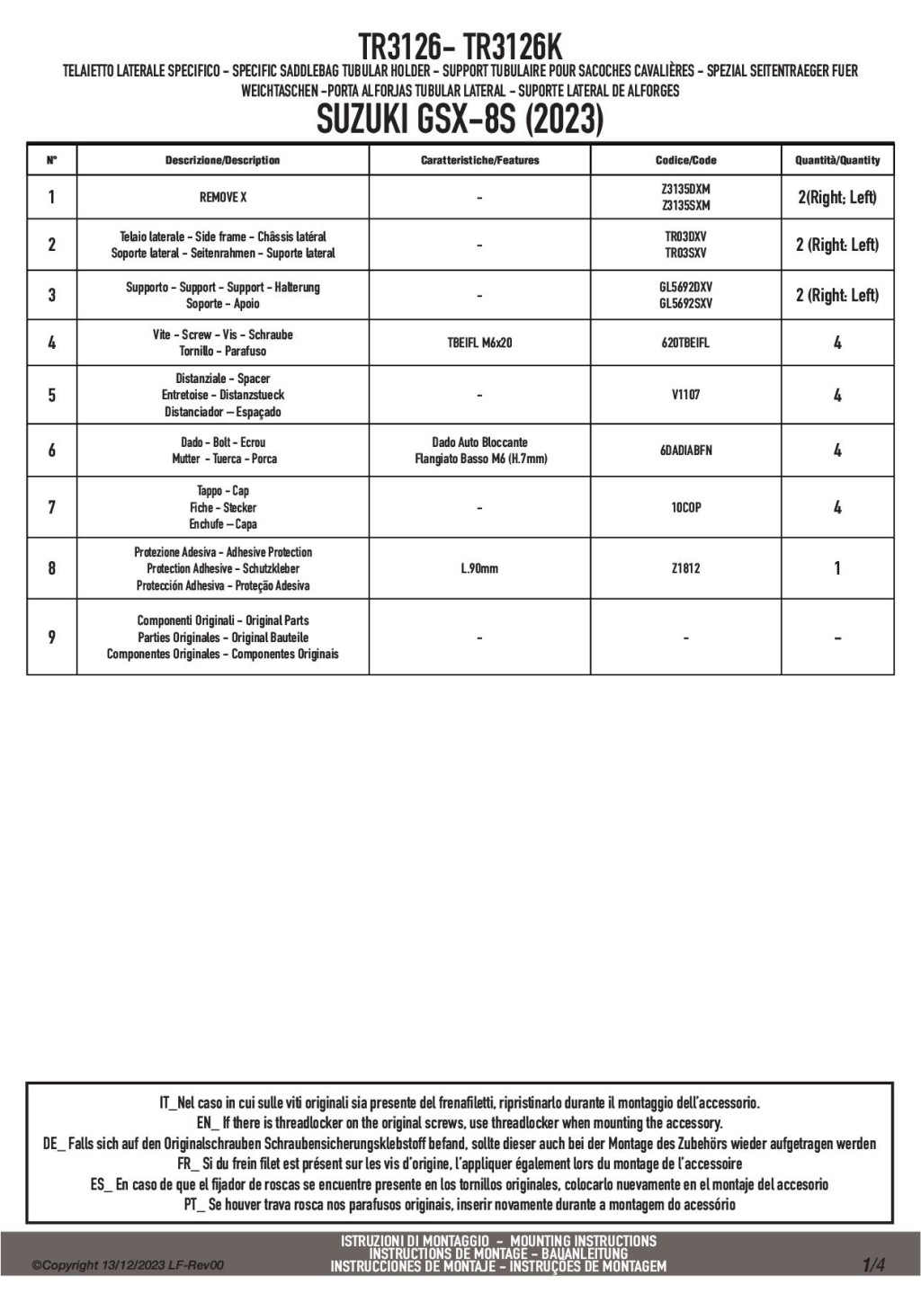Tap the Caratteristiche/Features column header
click(479, 160)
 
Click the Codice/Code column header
click(685, 160)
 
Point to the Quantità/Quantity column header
click(836, 160)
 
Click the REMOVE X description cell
click(222, 197)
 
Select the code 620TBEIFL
click(685, 343)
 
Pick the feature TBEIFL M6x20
click(479, 343)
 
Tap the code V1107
click(685, 395)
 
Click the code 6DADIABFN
click(685, 450)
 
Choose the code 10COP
click(685, 507)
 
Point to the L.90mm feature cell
click(479, 568)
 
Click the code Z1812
click(685, 568)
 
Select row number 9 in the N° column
click(51, 637)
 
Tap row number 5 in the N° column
click(51, 395)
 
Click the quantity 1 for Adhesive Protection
click(836, 568)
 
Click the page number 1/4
click(873, 1265)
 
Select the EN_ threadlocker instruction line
click(460, 1123)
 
